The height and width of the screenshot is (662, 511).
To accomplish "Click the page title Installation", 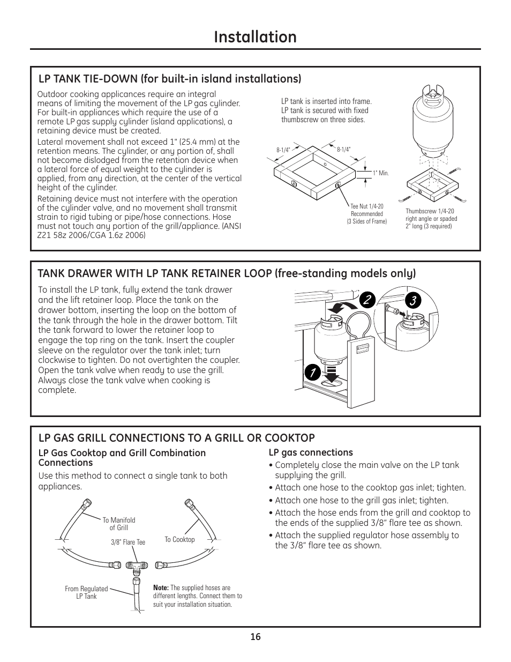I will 255,37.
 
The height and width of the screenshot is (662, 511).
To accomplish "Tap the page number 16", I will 255,636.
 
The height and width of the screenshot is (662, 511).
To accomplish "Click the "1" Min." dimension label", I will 380,174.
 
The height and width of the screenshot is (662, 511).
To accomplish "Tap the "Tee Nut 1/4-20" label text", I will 367,206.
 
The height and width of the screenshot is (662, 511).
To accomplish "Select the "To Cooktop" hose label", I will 179,539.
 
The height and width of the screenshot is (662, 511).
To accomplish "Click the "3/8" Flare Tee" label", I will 128,542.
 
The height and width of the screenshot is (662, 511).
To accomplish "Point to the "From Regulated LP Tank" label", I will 86,592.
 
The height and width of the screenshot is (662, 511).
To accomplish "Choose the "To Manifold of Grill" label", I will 119,524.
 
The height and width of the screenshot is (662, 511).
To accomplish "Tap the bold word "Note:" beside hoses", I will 161,587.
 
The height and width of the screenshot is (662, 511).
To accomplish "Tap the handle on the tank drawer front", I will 362,349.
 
